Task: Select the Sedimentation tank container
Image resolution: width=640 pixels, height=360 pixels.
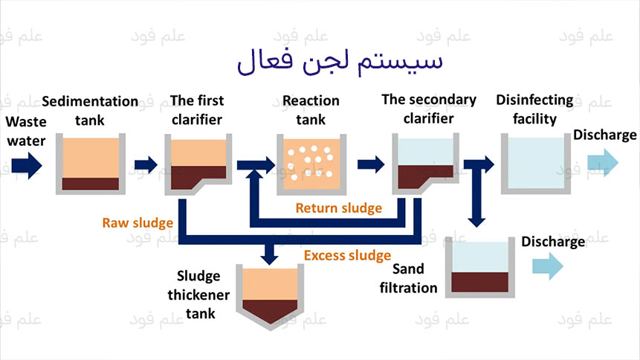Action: tap(90, 164)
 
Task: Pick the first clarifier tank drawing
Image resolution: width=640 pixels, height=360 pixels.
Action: tap(198, 164)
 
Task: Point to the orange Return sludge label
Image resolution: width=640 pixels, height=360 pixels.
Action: tap(338, 208)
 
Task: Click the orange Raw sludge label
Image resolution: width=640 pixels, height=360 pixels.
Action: tap(138, 222)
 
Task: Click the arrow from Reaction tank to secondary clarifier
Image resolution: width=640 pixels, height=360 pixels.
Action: tap(369, 164)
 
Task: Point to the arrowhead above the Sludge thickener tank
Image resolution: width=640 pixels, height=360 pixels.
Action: tap(269, 256)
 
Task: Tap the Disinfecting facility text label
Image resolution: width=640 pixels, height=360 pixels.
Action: tap(534, 109)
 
